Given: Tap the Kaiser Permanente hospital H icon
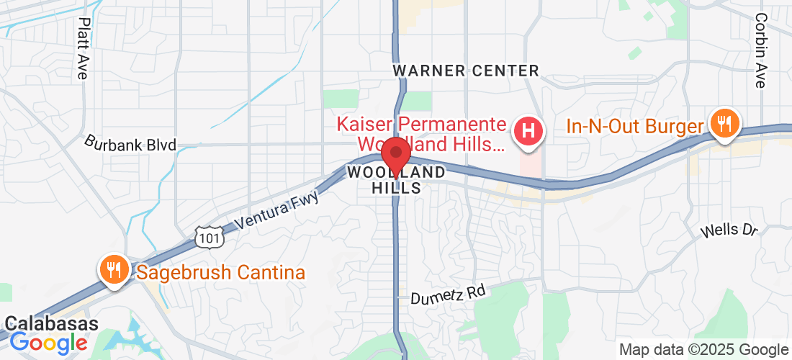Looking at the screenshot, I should [528, 132].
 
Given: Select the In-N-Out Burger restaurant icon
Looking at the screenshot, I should [722, 124].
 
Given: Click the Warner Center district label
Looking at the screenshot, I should [466, 71].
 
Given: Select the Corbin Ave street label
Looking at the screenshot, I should [760, 50].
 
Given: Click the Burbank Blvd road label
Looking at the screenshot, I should [130, 143].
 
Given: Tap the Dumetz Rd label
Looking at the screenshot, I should [448, 294].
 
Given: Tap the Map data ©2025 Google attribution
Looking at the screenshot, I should [704, 350].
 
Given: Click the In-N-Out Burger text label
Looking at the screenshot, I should [634, 127].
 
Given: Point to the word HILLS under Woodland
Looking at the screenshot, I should [396, 187].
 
